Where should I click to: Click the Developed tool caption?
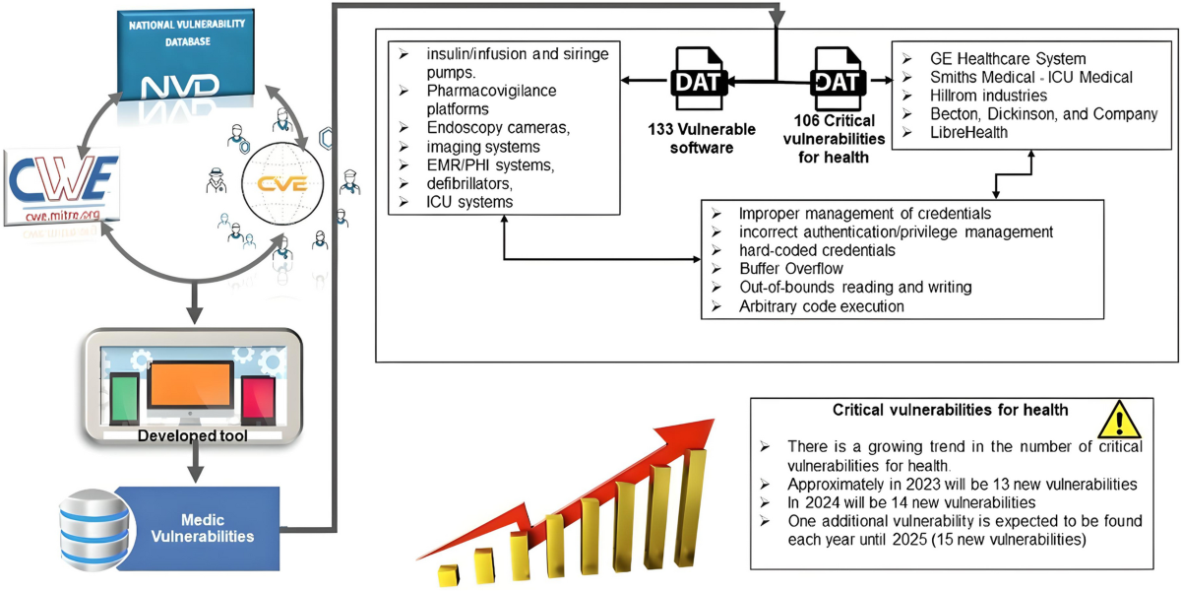tap(192, 435)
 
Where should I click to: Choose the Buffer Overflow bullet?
tap(791, 268)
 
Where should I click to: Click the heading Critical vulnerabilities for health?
tap(951, 410)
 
